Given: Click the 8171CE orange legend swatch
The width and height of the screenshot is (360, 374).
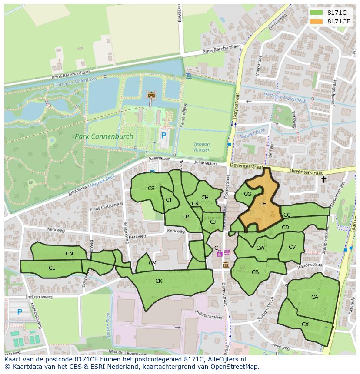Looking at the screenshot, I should pos(317,21).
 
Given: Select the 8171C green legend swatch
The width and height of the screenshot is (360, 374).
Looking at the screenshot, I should pos(317,13).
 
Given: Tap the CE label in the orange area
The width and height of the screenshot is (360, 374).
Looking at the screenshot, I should pos(262,203).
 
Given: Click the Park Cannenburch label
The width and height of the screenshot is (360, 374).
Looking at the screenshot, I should pos(104,136).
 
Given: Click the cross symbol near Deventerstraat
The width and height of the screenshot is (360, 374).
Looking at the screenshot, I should pos(323,179).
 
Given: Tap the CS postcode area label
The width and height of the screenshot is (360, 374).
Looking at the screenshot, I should pos(151,188).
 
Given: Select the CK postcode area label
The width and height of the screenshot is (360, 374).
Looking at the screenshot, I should pos(159,281).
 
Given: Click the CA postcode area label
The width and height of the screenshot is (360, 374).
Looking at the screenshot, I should pos(315,297).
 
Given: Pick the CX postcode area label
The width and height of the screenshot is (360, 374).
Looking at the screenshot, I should pos(305,324).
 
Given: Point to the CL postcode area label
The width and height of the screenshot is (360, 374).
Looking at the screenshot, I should pos(52,268).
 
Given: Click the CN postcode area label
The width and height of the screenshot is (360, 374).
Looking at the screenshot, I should pos(69,253).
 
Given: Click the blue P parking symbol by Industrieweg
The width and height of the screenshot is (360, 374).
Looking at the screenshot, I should pos(20,312).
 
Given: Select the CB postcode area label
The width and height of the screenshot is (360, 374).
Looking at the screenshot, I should pos(255,272).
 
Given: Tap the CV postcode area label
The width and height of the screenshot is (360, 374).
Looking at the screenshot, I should pos(292,247).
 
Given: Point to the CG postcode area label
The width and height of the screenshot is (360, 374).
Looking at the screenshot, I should pos(247,194).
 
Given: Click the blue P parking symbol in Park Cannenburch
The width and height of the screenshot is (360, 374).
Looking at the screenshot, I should pos(163,136).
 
